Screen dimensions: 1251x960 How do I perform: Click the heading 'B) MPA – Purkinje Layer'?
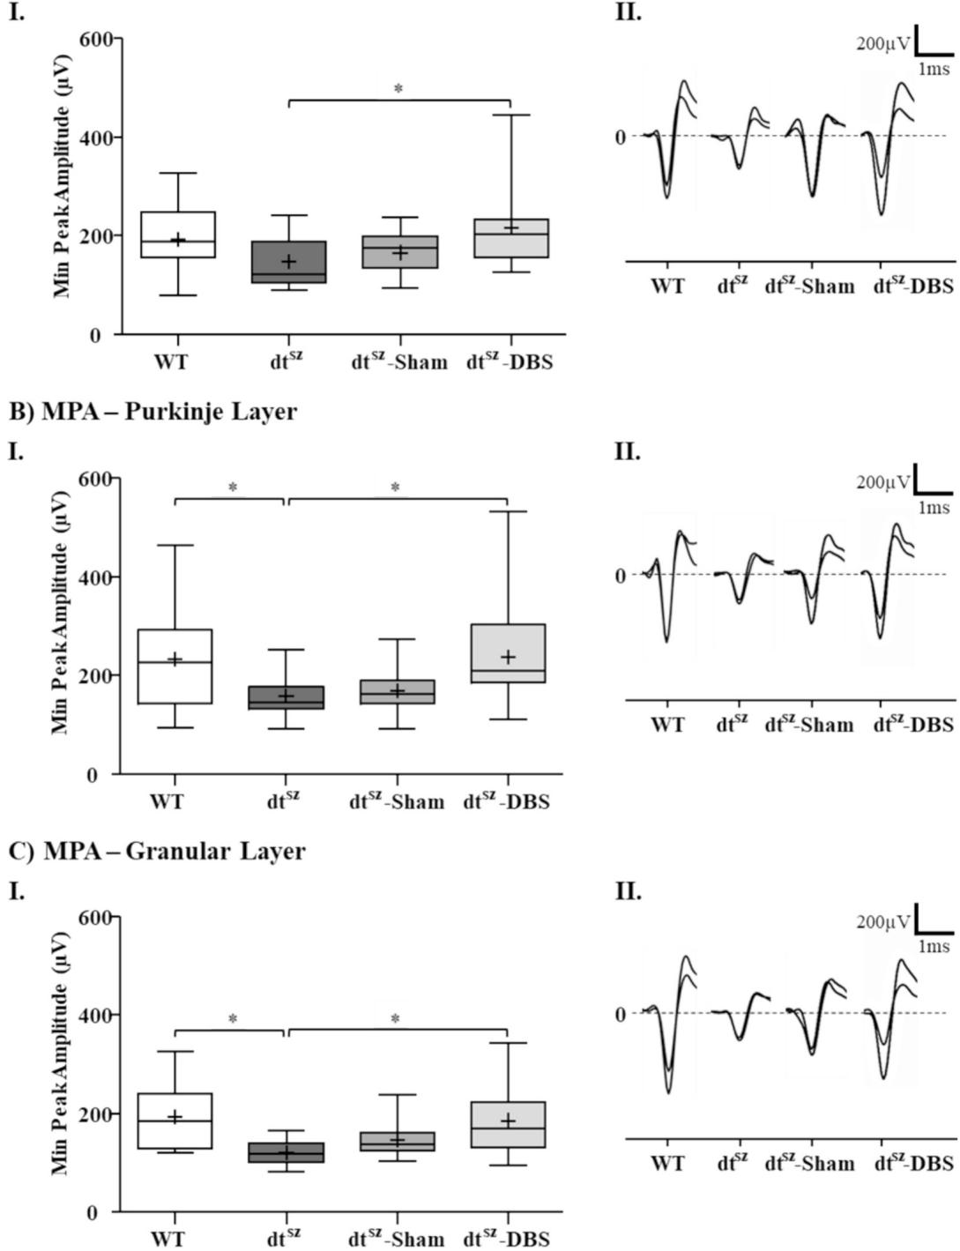click(x=153, y=412)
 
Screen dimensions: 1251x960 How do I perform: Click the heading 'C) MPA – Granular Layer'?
click(x=157, y=851)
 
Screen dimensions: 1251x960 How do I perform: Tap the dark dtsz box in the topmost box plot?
click(x=289, y=262)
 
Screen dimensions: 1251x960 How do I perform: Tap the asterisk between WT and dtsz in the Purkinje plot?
click(x=233, y=488)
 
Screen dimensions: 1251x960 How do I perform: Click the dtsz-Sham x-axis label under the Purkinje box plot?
click(x=396, y=801)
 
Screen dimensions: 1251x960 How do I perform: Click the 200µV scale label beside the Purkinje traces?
click(x=882, y=482)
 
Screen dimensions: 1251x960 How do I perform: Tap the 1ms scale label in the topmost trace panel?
click(x=934, y=69)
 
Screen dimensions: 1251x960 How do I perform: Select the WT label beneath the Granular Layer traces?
click(x=667, y=1164)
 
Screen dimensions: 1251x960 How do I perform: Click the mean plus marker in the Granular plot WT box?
click(x=175, y=1117)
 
